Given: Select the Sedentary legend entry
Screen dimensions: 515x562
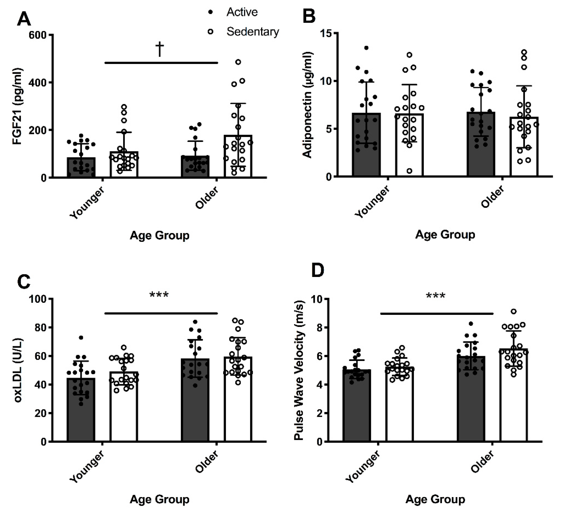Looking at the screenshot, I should [x=252, y=32].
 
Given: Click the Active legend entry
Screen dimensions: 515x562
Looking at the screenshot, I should [x=242, y=12].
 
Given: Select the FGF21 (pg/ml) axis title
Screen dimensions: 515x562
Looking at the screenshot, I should [x=17, y=106].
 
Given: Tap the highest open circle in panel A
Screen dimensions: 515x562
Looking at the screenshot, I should [x=238, y=62].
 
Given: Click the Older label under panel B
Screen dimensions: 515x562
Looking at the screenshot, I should [x=493, y=197].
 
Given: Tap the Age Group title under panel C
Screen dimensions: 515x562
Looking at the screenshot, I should [x=159, y=499].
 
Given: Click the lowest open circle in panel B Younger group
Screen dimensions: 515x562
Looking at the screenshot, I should [x=409, y=171].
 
